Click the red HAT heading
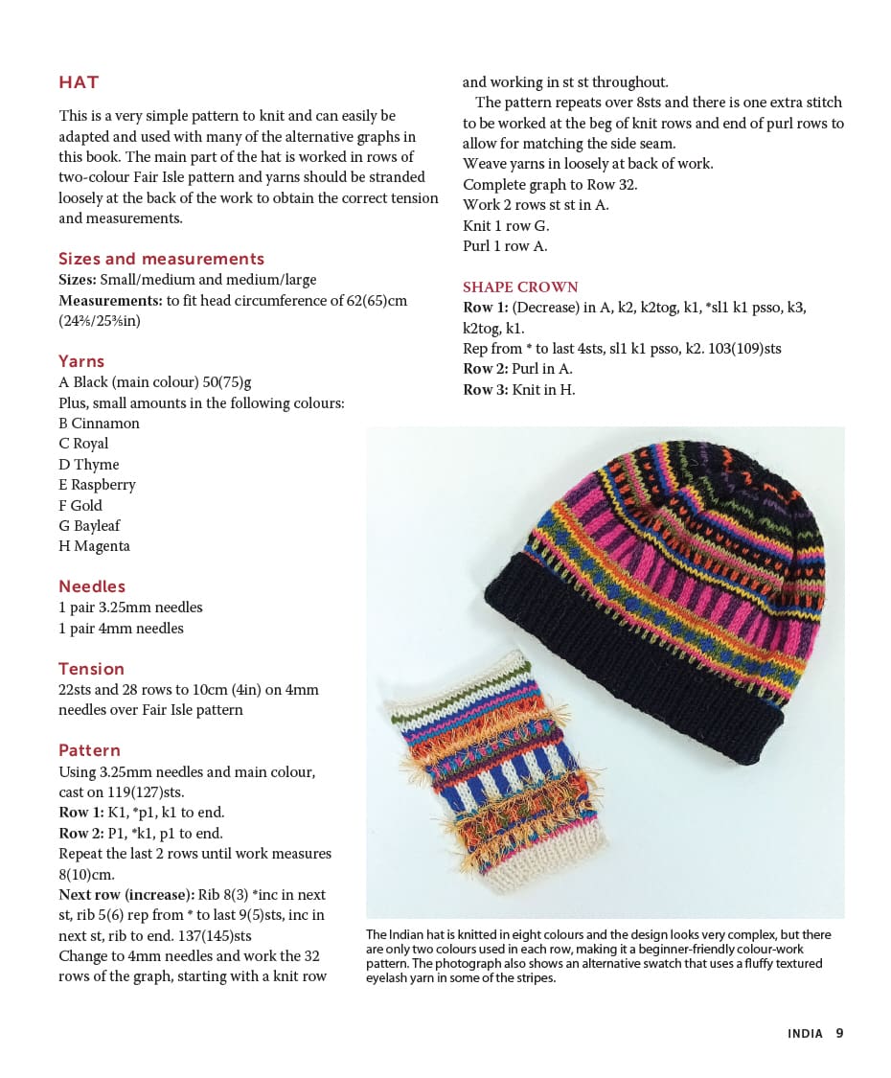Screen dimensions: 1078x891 (x=79, y=82)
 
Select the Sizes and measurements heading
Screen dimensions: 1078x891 (x=161, y=259)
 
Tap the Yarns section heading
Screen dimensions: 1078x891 (x=81, y=361)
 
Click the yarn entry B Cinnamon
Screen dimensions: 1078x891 (x=99, y=423)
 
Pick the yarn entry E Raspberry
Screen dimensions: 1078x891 (x=97, y=484)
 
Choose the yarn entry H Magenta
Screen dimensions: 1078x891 (x=94, y=545)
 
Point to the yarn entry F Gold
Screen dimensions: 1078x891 (x=80, y=505)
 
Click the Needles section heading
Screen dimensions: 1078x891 (x=92, y=586)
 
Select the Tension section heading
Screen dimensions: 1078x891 (x=91, y=669)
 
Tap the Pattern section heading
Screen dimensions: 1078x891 (x=89, y=750)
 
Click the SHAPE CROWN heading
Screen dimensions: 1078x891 (x=520, y=287)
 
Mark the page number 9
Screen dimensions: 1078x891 (x=839, y=1033)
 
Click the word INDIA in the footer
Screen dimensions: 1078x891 (x=805, y=1034)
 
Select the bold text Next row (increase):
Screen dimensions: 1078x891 (x=126, y=894)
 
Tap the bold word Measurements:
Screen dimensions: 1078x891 (x=110, y=300)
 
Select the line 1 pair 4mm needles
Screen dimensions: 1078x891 (x=121, y=628)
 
